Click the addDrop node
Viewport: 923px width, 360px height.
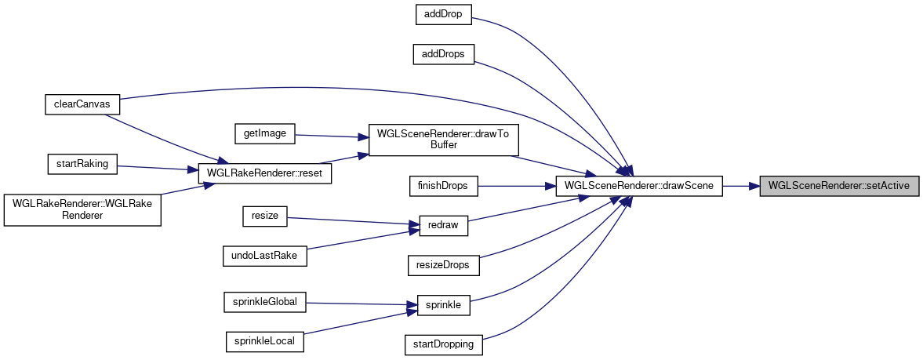point(443,15)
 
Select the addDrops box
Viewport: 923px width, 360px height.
point(443,54)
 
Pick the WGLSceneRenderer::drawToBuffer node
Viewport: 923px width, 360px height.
point(443,140)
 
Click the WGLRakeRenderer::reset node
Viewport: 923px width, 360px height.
point(266,173)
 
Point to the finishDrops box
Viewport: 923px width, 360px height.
point(443,186)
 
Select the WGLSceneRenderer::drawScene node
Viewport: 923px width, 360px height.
point(638,186)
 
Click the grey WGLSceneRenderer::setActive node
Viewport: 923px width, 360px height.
point(838,186)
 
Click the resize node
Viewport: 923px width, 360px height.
point(265,216)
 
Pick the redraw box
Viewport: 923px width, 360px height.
point(443,226)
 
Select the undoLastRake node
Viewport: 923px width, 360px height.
point(266,255)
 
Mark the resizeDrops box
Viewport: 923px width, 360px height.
point(443,265)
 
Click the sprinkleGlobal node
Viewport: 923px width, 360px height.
point(265,300)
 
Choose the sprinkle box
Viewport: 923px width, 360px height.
point(443,304)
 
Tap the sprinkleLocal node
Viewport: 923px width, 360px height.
point(265,340)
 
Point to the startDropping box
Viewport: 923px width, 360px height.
point(443,344)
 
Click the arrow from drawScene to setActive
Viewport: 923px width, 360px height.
point(740,186)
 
